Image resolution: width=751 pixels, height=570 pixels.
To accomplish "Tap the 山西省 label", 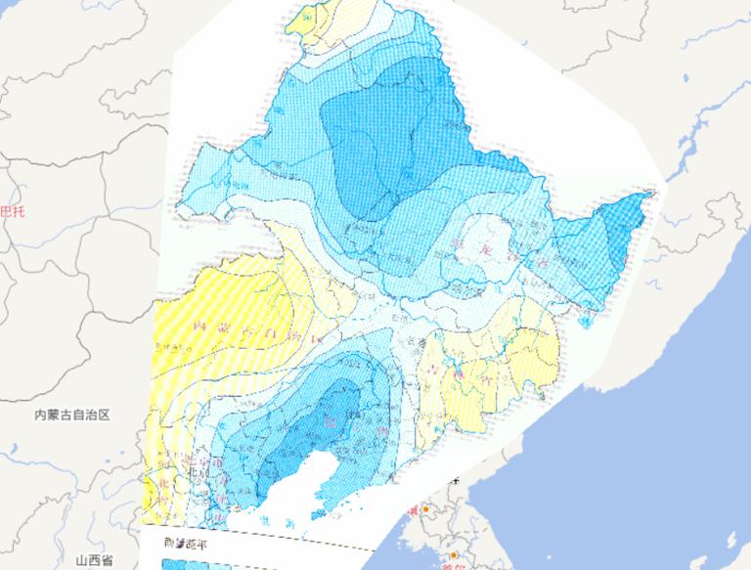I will tap(95, 560).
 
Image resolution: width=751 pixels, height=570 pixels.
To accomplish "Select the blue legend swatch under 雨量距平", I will tap(196, 563).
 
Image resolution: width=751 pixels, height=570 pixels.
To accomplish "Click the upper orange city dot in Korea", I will tap(425, 510).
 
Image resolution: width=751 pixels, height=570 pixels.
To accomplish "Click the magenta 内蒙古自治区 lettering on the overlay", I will tap(249, 329).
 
